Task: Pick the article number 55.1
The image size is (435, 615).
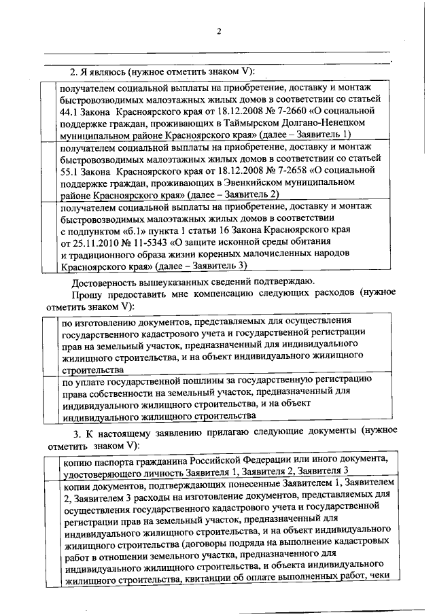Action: [69, 171]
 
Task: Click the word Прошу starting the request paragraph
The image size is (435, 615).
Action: [88, 295]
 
